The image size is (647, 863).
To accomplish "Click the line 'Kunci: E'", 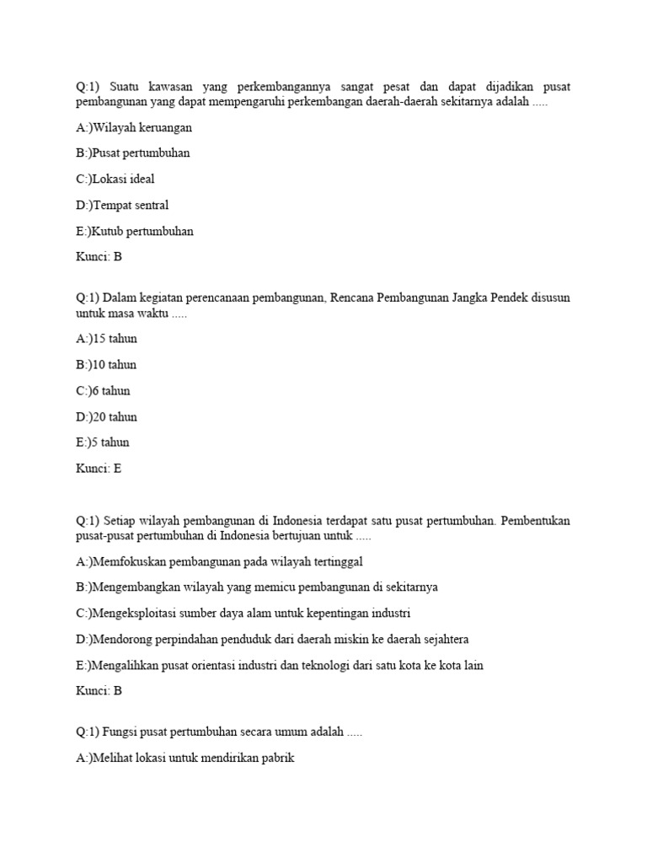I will [99, 469].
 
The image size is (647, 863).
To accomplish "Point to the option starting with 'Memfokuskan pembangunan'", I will [219, 561].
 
